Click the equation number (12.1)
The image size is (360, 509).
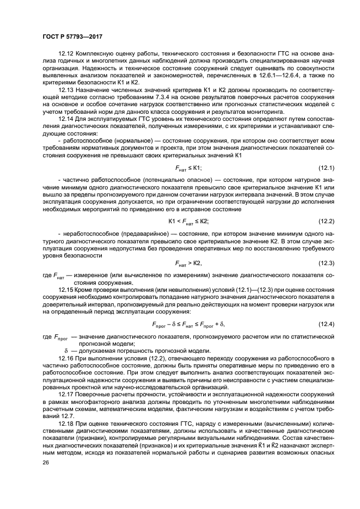click(x=326, y=169)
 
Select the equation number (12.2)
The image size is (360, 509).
click(x=326, y=221)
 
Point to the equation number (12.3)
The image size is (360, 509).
click(x=326, y=263)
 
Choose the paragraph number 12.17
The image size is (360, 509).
click(x=65, y=394)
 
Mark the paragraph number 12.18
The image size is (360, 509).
click(x=65, y=422)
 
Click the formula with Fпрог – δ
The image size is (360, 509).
click(x=188, y=325)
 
